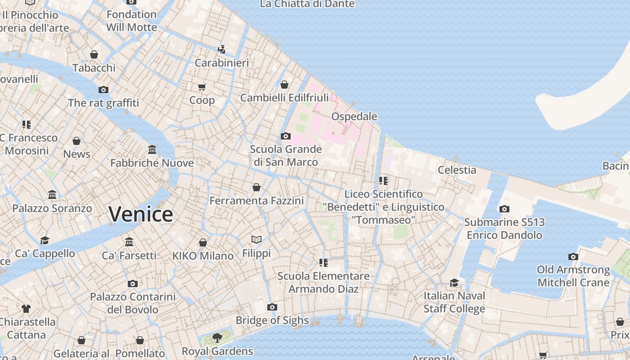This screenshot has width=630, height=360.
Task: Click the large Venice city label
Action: tap(141, 214)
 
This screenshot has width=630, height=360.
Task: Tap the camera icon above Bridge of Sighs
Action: tap(272, 307)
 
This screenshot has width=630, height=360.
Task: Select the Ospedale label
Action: tap(354, 117)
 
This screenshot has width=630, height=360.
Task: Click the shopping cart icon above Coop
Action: tap(202, 87)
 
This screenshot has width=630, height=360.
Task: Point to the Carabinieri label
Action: tap(221, 63)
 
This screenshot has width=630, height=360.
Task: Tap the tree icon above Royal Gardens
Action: tap(217, 337)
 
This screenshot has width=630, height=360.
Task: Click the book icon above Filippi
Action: tap(256, 240)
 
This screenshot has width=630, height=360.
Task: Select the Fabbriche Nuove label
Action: tap(152, 163)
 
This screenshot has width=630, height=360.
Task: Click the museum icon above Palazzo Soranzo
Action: tap(52, 195)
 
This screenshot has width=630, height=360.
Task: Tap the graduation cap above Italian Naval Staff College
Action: tap(454, 283)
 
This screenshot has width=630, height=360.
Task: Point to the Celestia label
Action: tap(457, 170)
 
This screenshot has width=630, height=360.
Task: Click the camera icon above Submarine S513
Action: tap(504, 209)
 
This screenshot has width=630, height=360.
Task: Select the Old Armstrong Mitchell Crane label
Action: tap(573, 276)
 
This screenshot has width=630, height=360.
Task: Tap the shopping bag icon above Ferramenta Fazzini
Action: tap(256, 187)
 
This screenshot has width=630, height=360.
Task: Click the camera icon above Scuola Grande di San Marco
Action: tap(285, 136)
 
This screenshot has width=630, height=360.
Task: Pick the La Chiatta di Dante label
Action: tap(307, 4)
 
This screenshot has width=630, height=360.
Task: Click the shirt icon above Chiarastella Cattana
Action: tap(26, 309)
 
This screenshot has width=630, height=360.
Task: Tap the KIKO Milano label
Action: tap(203, 256)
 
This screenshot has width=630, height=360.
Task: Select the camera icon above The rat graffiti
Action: tap(103, 90)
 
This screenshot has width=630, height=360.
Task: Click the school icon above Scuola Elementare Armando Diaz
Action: tap(323, 262)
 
